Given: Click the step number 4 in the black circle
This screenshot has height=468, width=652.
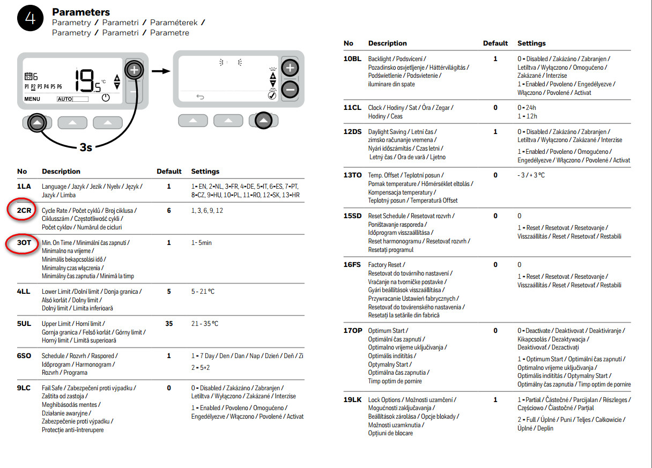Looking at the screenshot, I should (31, 19).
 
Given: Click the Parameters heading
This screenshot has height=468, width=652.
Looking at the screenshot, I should (81, 12).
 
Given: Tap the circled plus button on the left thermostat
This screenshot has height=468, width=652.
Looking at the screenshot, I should (134, 70).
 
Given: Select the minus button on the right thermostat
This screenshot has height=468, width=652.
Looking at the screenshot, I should (290, 90).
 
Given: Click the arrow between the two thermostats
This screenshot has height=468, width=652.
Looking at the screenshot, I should (160, 71).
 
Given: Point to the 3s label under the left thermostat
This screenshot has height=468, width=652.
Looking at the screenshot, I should (86, 147).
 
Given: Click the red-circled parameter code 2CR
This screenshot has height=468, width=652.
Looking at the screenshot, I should (24, 211).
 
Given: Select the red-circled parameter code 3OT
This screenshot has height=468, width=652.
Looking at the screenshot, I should (24, 243).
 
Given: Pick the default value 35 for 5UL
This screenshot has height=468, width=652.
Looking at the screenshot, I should (169, 324).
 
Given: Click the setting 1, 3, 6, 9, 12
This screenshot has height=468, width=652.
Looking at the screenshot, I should (207, 211).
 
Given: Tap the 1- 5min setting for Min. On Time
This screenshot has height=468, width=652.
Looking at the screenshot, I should (202, 243).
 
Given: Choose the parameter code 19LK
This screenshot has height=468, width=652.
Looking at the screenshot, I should (353, 400).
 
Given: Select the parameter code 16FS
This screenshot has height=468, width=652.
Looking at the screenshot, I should (352, 265).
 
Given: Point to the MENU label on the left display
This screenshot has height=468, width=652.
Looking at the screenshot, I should (32, 99).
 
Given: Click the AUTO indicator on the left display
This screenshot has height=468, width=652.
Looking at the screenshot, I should (64, 99).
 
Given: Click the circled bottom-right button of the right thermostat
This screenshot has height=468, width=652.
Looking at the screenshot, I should (263, 121).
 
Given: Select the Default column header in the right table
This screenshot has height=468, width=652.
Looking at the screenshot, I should (495, 43).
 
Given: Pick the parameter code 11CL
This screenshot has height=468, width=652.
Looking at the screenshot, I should (352, 108).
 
